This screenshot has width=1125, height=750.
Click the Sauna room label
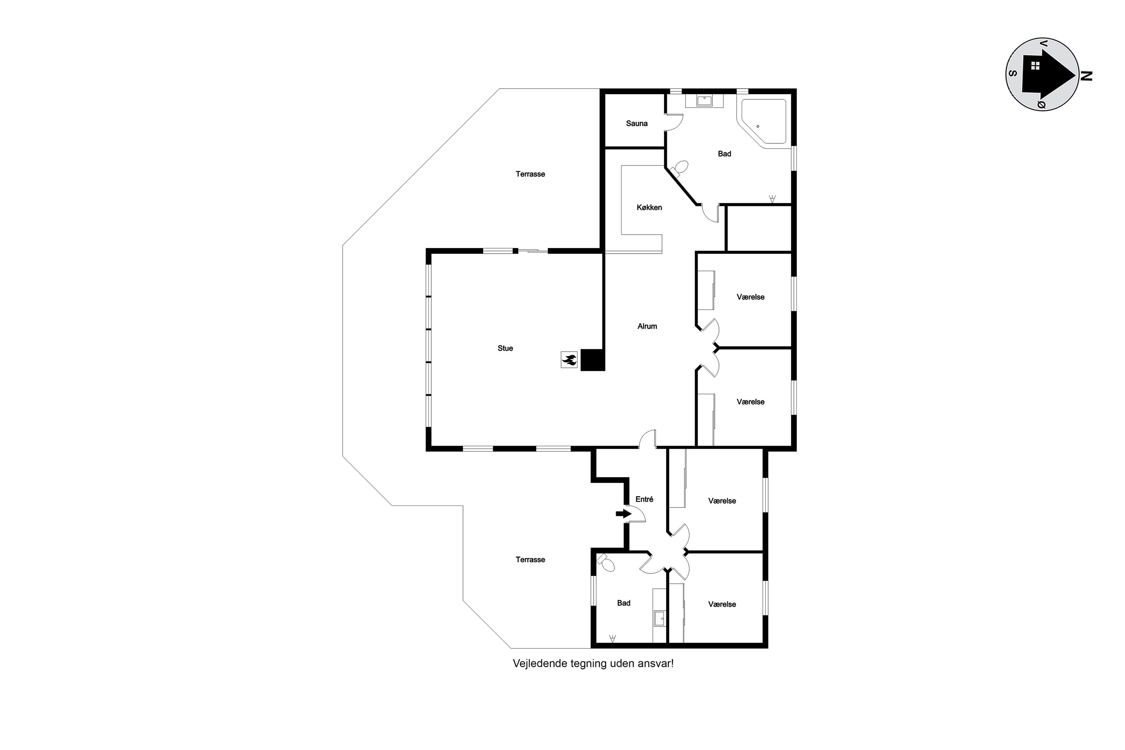click(637, 124)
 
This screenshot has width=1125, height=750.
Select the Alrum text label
click(647, 326)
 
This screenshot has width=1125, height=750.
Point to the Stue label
click(505, 348)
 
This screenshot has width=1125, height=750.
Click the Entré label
click(644, 499)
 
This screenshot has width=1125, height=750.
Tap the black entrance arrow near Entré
click(623, 514)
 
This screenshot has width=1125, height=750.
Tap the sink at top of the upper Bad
click(704, 100)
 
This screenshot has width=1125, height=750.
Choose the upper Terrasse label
click(530, 174)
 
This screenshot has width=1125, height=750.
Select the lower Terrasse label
click(530, 559)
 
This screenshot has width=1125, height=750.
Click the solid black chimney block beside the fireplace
click(593, 360)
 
